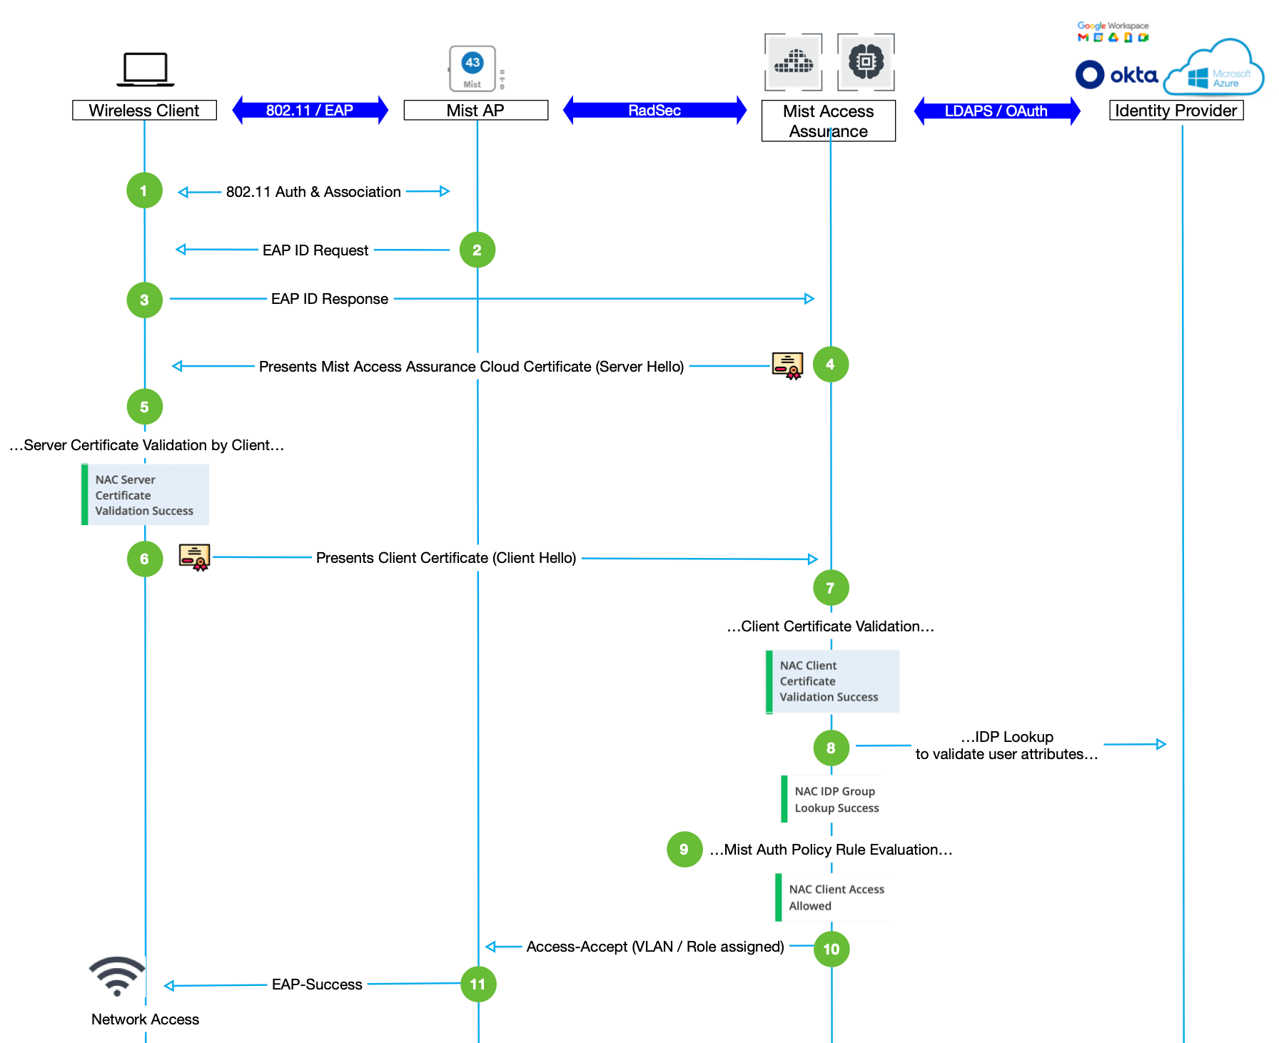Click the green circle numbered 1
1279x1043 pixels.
(144, 190)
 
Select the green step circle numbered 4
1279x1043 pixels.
(831, 365)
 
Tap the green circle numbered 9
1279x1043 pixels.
(684, 849)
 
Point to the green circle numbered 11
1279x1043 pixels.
(478, 985)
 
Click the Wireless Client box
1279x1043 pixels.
(144, 111)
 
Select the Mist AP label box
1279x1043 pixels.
(475, 111)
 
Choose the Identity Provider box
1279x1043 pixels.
(1176, 111)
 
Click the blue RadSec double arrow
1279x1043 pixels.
(654, 111)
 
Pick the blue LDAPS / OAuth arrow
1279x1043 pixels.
(996, 111)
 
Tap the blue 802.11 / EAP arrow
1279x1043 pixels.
(310, 111)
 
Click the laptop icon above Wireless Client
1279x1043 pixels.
(145, 69)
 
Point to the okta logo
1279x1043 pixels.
(1117, 75)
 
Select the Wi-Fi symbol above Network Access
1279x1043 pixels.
(117, 976)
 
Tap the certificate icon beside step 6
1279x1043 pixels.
(194, 557)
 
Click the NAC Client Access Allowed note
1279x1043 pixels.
(832, 897)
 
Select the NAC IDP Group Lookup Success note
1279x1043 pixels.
(832, 799)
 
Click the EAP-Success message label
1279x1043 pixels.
(317, 985)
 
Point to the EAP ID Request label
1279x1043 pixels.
(315, 250)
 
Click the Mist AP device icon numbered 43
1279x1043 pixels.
(472, 68)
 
